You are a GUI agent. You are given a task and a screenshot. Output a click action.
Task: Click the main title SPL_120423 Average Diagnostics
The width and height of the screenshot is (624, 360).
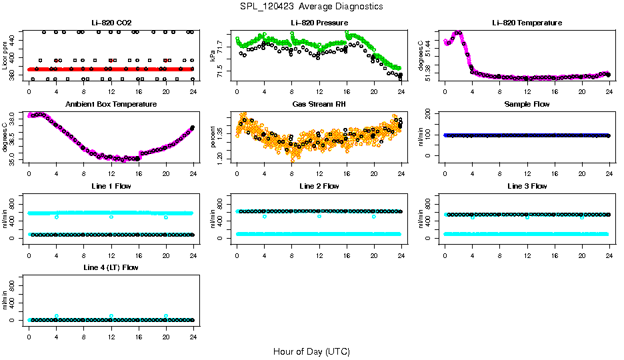(x=312, y=6)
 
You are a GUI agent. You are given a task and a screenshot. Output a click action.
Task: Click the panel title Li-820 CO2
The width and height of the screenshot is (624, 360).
(x=111, y=23)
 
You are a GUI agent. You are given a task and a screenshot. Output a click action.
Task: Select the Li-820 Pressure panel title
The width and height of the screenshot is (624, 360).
(x=319, y=23)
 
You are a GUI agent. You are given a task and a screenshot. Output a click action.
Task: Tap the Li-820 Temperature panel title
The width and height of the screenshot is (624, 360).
(x=527, y=23)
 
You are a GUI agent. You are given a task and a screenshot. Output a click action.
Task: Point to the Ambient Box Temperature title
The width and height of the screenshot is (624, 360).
(x=111, y=104)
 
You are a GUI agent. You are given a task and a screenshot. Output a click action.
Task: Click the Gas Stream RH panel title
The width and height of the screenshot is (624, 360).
(x=319, y=104)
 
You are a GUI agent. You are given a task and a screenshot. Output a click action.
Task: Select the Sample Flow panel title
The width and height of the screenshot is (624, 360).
(x=527, y=104)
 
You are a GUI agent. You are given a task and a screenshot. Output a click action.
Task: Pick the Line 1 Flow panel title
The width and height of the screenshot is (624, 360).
(x=111, y=185)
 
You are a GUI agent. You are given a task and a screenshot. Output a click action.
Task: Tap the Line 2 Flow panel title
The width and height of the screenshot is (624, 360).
(x=319, y=185)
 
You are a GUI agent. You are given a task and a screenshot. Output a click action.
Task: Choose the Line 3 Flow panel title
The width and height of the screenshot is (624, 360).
(x=527, y=185)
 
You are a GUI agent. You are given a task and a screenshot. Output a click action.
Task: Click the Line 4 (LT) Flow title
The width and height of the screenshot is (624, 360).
(x=111, y=267)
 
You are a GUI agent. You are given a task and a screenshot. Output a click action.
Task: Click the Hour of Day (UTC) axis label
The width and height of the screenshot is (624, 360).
(x=311, y=351)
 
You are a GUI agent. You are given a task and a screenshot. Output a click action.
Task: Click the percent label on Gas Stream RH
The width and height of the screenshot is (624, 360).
(x=213, y=137)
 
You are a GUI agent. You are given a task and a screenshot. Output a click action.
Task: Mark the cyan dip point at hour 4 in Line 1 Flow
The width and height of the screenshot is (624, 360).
(x=57, y=217)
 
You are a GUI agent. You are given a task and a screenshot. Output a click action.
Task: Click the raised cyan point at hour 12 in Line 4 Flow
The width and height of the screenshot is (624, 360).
(x=111, y=316)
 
